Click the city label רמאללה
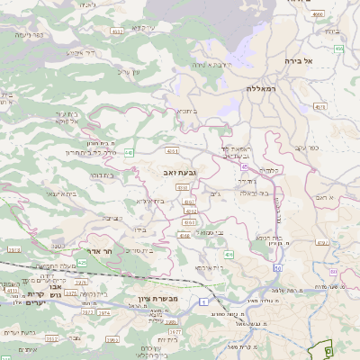(x=264, y=89)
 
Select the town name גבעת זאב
(x=179, y=171)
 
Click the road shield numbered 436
(x=229, y=255)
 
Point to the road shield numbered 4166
(x=184, y=235)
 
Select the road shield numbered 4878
(x=319, y=108)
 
